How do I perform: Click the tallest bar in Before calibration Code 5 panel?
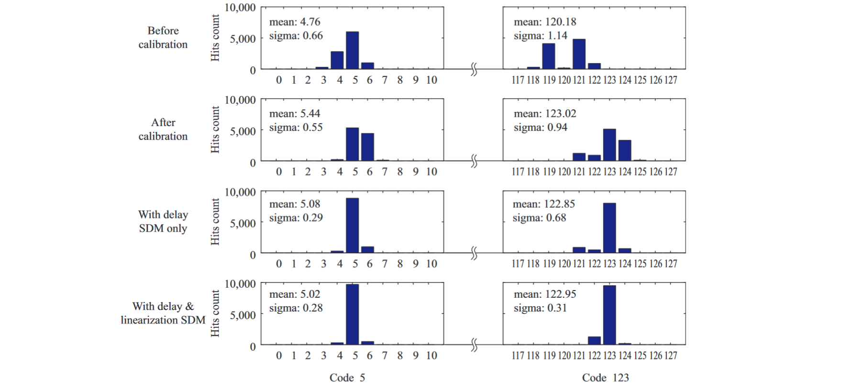point(352,50)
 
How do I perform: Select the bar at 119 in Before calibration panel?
point(549,56)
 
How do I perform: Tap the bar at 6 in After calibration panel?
point(367,147)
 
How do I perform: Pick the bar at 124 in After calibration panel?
point(625,151)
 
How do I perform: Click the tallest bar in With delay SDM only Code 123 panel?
point(609,228)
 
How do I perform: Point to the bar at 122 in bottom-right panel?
point(594,341)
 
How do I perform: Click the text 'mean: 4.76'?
point(295,22)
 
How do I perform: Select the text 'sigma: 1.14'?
point(541,36)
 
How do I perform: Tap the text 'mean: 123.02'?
point(545,114)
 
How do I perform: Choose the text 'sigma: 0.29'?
point(296,218)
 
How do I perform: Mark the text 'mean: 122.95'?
point(545,294)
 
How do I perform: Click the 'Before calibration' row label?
point(163,38)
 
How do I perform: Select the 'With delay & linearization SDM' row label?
point(163,313)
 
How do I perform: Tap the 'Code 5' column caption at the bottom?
point(347,378)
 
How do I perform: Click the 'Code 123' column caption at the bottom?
point(605,378)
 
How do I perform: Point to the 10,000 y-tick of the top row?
point(240,8)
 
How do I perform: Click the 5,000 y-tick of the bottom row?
point(243,315)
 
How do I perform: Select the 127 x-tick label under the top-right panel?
point(671,80)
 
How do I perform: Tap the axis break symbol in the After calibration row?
point(474,162)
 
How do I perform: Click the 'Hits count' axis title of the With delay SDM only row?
point(215,222)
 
